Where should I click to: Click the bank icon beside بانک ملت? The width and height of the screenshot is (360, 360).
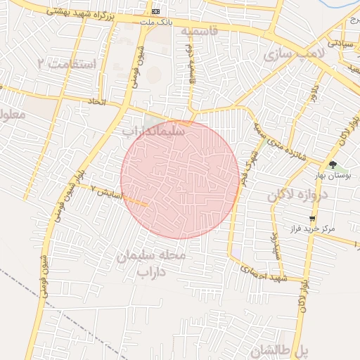155,12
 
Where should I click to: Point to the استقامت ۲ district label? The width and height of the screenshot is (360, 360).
66,64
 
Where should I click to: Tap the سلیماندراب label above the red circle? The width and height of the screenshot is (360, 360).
153,131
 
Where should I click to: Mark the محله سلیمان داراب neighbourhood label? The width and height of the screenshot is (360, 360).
153,263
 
